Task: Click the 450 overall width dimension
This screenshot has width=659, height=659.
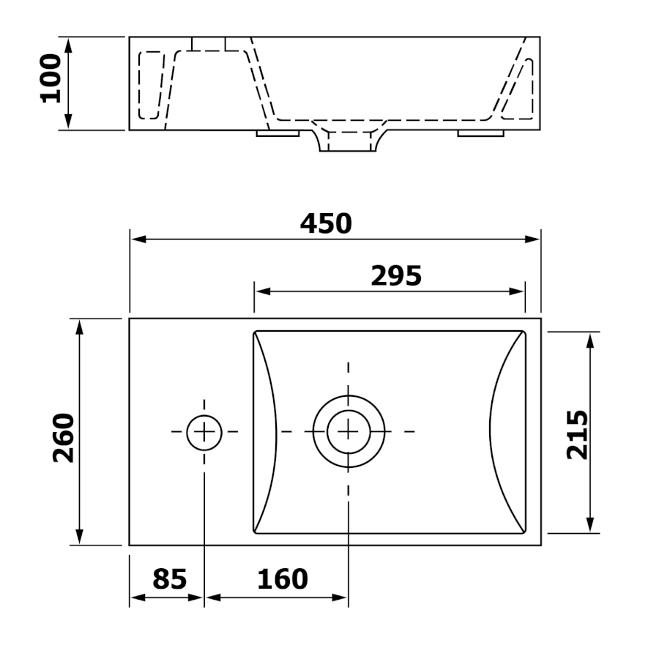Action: [x=326, y=223]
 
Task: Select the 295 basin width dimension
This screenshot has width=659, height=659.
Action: [x=396, y=276]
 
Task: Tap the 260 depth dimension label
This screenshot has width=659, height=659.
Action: [x=64, y=438]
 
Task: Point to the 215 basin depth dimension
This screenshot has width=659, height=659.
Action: [x=577, y=434]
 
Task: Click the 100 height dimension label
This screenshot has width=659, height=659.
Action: [x=51, y=78]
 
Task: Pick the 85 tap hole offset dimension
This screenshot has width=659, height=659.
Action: [x=169, y=579]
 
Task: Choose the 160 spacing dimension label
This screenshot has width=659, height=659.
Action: [x=283, y=579]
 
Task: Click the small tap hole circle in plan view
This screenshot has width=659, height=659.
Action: [x=204, y=433]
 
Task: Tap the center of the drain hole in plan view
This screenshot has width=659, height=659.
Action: [x=349, y=431]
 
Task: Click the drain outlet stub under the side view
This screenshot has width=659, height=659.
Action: [x=348, y=141]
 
